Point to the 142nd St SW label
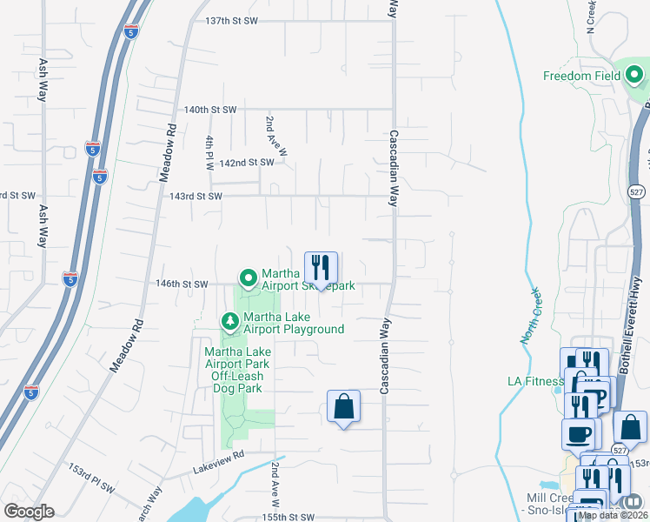pyautogui.click(x=248, y=163)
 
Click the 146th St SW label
pyautogui.click(x=182, y=284)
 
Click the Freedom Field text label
pyautogui.click(x=582, y=76)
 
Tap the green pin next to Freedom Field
pyautogui.click(x=634, y=77)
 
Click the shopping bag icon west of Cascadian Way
pyautogui.click(x=344, y=405)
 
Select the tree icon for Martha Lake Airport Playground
pyautogui.click(x=230, y=322)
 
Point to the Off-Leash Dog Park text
pyautogui.click(x=232, y=376)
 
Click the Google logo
pyautogui.click(x=29, y=512)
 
